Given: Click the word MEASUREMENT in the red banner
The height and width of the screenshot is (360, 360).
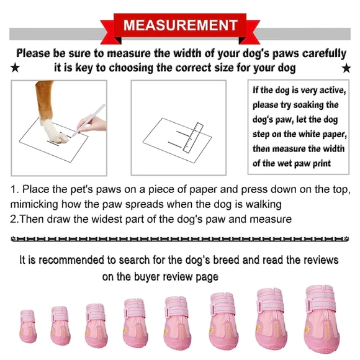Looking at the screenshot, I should [x=180, y=25].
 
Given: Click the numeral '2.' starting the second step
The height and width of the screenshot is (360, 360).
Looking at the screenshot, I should [x=16, y=219].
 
